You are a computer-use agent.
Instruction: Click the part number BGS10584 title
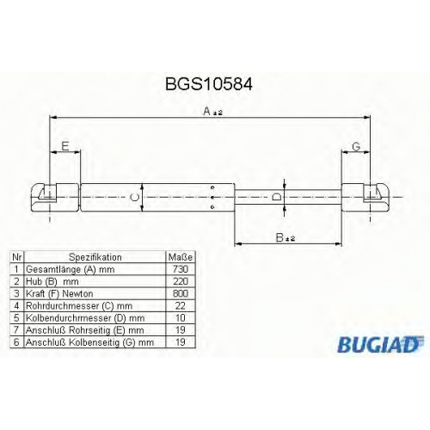[209, 84]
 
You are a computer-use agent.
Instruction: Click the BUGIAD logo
[381, 344]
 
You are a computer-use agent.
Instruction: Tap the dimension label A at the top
[207, 111]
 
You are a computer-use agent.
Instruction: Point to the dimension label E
[65, 146]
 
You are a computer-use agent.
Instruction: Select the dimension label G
[356, 147]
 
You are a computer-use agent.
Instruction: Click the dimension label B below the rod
[279, 237]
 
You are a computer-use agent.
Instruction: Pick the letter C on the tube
[134, 197]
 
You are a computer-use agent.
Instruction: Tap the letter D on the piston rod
[276, 197]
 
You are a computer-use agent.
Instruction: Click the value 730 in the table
[181, 269]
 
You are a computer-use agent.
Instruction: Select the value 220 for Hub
[181, 281]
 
